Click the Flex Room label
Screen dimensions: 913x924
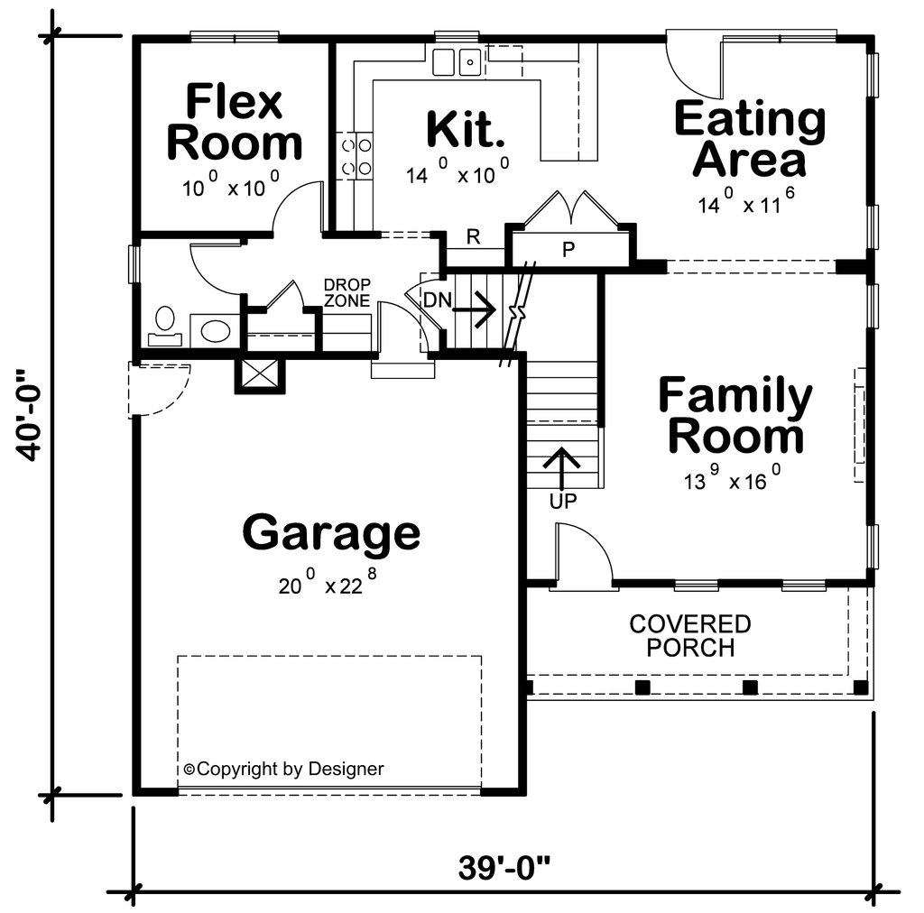click(x=235, y=123)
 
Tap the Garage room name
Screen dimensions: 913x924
click(x=331, y=532)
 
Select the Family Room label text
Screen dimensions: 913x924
click(x=735, y=416)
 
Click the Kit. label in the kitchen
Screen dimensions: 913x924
click(x=465, y=128)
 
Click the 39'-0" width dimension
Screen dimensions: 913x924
click(x=504, y=869)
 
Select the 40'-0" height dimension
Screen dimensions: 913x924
click(x=31, y=415)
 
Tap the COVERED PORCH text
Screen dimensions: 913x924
click(x=689, y=636)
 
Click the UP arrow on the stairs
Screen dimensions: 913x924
click(x=563, y=470)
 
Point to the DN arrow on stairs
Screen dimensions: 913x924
click(x=473, y=311)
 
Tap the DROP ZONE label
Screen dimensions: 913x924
click(x=347, y=293)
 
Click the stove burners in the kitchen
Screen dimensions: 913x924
click(x=356, y=155)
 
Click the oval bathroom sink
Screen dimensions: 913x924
click(x=216, y=330)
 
